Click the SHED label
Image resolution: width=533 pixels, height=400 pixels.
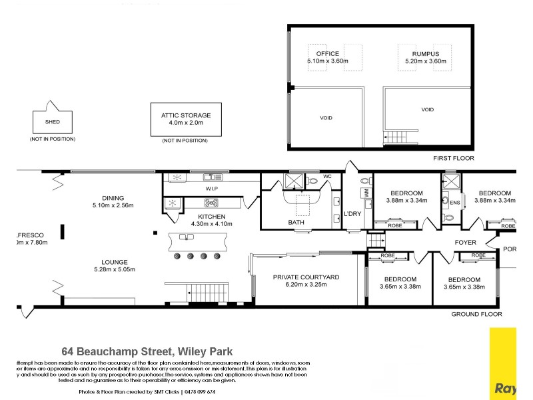tap(51, 122)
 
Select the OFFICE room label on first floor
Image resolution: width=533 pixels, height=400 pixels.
tap(328, 54)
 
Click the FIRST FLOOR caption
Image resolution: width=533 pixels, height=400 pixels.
tap(453, 159)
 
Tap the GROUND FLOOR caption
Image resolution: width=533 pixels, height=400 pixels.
tap(476, 314)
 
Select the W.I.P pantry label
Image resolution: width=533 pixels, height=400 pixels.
tap(212, 189)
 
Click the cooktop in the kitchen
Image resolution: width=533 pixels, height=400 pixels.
tap(212, 203)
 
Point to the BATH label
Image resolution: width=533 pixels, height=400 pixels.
tap(296, 222)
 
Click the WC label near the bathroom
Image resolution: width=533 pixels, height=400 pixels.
tap(326, 177)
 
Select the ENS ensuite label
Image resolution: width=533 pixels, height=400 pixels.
tap(455, 203)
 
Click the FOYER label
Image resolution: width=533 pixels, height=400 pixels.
tap(465, 243)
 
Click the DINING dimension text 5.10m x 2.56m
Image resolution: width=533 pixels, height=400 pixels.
tap(113, 205)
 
